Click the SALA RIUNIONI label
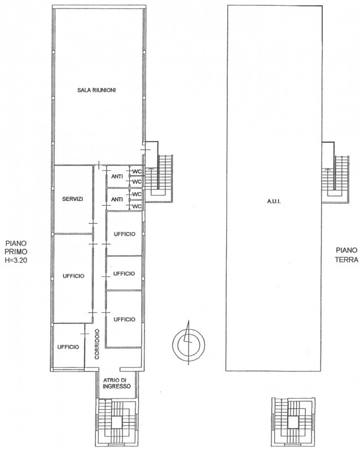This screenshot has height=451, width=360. tap(96, 90)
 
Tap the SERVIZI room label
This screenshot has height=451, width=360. tap(73, 199)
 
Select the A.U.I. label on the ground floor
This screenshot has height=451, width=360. tap(274, 201)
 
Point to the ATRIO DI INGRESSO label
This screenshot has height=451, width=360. tap(117, 383)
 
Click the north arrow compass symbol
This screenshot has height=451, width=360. tap(188, 343)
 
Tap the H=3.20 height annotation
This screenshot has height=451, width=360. tap(16, 261)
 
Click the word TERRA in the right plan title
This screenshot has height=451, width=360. tap(347, 260)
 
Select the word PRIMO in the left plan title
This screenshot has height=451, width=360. tap(16, 251)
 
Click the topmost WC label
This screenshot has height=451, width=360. tap(137, 171)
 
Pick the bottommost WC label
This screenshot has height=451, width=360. tap(137, 206)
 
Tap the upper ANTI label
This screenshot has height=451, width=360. tap(117, 176)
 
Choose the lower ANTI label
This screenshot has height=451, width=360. tap(117, 199)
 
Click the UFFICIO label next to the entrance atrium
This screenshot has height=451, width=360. tap(68, 347)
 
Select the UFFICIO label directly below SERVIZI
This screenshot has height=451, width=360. tap(73, 276)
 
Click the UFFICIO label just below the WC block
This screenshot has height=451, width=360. tap(124, 234)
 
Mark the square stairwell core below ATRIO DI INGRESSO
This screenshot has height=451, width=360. tap(117, 422)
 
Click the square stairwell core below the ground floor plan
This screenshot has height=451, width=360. tap(293, 422)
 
